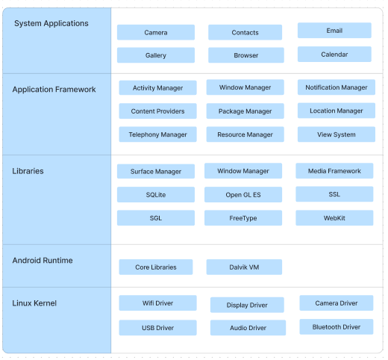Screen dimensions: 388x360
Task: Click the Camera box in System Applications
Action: (x=156, y=32)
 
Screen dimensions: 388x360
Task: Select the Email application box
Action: (x=334, y=31)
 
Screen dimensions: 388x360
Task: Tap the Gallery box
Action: (x=156, y=55)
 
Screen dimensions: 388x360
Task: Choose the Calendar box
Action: (x=334, y=54)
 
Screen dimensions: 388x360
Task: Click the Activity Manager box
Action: (x=157, y=87)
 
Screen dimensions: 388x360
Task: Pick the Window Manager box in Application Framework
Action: (x=245, y=87)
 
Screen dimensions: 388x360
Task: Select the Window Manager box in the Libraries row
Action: (x=243, y=171)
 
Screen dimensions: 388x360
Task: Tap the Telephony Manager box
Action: (x=157, y=134)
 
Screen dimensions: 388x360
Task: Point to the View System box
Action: (x=337, y=134)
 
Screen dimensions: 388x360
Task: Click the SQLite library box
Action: (x=156, y=194)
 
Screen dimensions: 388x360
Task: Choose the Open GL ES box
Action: (x=243, y=194)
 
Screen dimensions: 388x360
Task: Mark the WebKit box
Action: (x=334, y=218)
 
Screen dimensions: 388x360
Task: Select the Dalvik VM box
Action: (x=244, y=267)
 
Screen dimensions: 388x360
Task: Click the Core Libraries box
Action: (x=156, y=267)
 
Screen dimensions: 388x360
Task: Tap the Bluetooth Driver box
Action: (x=337, y=326)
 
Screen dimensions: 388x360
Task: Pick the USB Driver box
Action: (x=157, y=328)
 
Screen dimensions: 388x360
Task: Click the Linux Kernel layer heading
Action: (x=34, y=303)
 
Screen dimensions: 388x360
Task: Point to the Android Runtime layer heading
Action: (x=43, y=261)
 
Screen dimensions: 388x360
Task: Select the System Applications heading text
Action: (x=51, y=23)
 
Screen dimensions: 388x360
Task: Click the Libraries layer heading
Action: (x=28, y=171)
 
